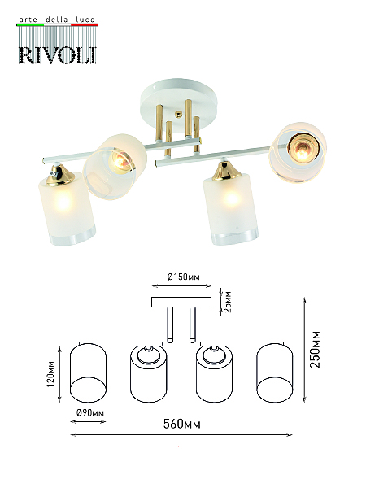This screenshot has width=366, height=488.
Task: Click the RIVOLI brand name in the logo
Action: tap(58, 55)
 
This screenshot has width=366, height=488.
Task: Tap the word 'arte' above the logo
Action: tap(28, 20)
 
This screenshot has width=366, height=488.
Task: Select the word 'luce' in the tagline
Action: tap(85, 20)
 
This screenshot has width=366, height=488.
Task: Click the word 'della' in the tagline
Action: tap(57, 20)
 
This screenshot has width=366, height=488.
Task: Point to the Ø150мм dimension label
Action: tap(183, 277)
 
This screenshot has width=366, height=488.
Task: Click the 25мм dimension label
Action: tap(228, 302)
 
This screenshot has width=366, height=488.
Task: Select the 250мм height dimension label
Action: tap(315, 349)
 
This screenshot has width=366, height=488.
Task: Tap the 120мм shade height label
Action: tap(50, 373)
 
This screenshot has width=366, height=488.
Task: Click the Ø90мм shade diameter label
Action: tap(90, 413)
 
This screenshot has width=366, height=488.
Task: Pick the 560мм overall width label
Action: tap(182, 424)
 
